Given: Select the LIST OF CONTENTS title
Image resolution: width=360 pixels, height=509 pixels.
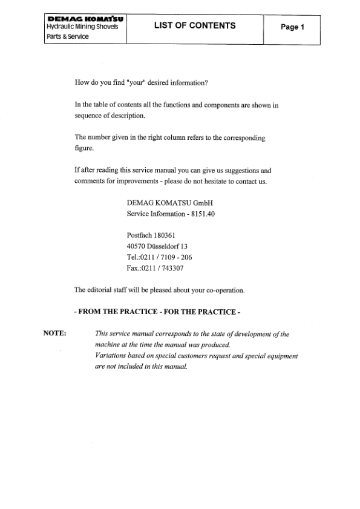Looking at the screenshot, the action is tap(195, 26).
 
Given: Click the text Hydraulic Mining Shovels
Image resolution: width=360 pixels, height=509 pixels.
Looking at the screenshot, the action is tap(82, 27).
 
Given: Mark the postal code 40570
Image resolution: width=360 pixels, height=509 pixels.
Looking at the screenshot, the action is tap(137, 246).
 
